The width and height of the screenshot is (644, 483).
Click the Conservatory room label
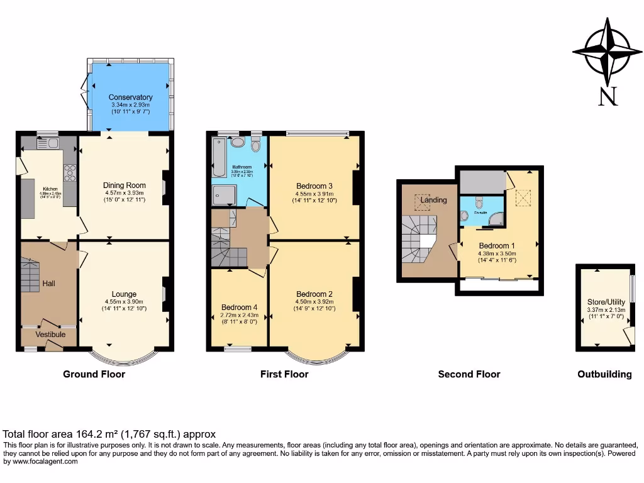(130, 97)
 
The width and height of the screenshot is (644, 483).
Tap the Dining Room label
(125, 185)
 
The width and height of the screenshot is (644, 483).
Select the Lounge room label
(125, 294)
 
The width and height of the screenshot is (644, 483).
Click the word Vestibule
(50, 335)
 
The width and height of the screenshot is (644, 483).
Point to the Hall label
(49, 284)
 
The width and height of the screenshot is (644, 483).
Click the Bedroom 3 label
(314, 186)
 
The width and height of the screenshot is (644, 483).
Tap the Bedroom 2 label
(314, 294)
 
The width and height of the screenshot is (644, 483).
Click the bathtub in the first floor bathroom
(218, 157)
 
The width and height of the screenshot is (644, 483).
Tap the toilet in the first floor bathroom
(255, 145)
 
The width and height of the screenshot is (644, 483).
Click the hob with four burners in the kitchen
(70, 172)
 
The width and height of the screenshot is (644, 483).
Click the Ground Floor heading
(94, 374)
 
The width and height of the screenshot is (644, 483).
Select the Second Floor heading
(469, 374)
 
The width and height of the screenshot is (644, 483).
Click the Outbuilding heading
(604, 374)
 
